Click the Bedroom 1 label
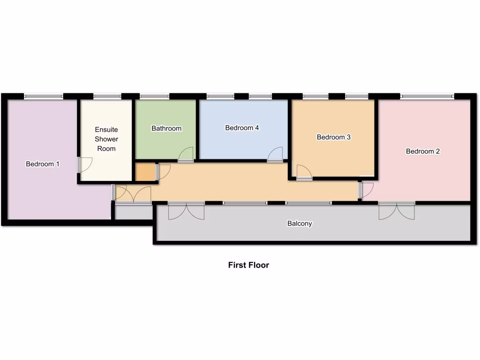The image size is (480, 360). click(x=43, y=164)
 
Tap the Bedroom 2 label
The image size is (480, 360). click(x=423, y=151)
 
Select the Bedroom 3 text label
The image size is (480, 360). click(x=334, y=137)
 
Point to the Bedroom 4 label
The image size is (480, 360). click(x=242, y=127)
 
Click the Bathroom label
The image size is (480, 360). click(x=166, y=128)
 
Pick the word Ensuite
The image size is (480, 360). click(x=106, y=129)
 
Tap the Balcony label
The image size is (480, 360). click(x=300, y=224)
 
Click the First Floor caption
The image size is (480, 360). click(x=248, y=265)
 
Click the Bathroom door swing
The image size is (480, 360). click(x=186, y=155)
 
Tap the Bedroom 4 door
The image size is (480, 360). click(x=276, y=155)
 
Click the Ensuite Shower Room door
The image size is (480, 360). click(x=85, y=165)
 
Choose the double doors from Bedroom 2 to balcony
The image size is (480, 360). click(x=397, y=210)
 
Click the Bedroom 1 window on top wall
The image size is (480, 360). click(x=44, y=97)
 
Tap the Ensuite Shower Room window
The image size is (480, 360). click(x=107, y=97)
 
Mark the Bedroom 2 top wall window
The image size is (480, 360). click(x=427, y=97)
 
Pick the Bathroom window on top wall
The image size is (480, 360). click(x=154, y=97)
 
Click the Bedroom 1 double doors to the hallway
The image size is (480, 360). click(x=133, y=195)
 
